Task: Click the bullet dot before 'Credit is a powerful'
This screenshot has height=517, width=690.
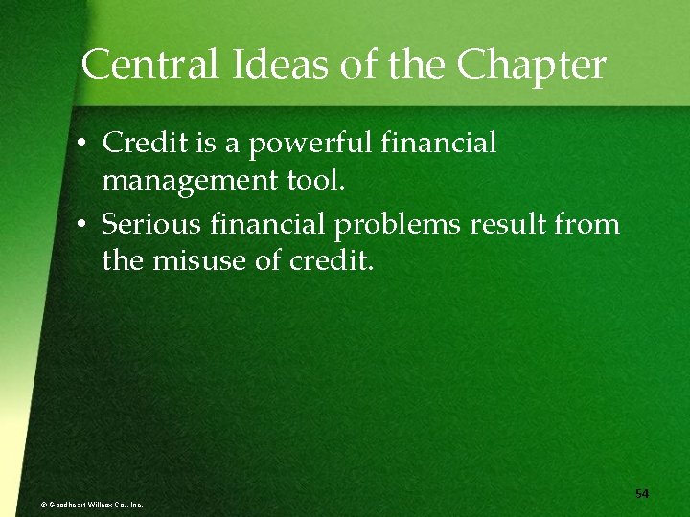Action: click(x=84, y=145)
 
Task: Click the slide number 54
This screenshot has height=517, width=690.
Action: click(x=642, y=493)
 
